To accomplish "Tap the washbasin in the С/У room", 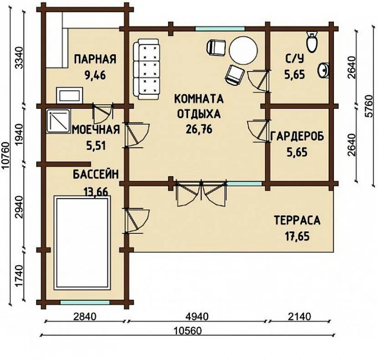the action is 324,70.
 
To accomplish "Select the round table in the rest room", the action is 243,50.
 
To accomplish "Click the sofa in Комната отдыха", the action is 147,69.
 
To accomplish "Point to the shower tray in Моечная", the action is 59,121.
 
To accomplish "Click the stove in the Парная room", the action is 69,95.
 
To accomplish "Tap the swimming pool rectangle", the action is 82,242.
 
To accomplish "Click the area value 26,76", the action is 199,129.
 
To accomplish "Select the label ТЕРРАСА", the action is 297,220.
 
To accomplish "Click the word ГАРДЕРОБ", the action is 297,137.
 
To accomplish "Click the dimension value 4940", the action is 197,317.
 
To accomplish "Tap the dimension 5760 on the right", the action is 369,106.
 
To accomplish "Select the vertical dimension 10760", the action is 5,156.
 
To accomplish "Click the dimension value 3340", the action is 19,58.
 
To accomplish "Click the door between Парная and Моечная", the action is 103,113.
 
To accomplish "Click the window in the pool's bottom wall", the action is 85,302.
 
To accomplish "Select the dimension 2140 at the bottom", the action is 300,316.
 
